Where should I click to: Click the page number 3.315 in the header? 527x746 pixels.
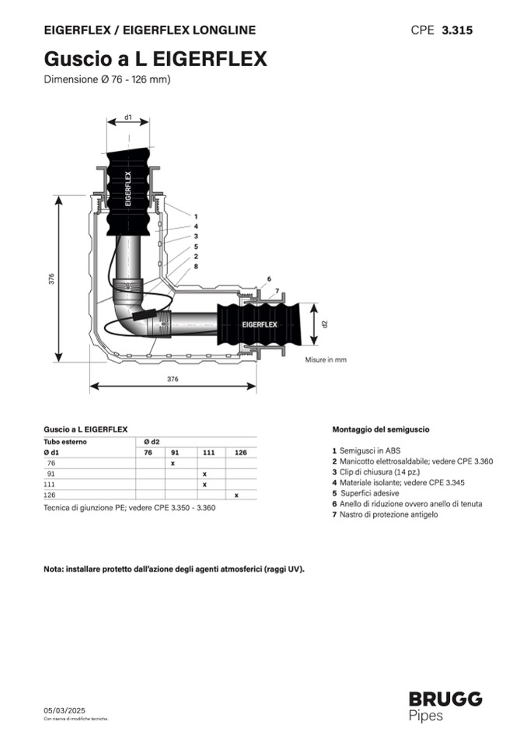(457, 30)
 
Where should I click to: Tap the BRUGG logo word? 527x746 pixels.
(445, 699)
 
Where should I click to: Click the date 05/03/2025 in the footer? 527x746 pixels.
(65, 710)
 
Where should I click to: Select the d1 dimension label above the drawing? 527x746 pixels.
(127, 117)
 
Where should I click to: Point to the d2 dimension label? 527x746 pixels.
(325, 324)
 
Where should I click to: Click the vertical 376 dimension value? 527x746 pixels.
(51, 278)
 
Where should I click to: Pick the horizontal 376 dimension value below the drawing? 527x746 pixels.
(173, 379)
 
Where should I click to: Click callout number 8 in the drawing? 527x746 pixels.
(196, 266)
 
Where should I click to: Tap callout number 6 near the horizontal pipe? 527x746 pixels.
(269, 279)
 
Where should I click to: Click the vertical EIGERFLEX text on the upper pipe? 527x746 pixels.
(127, 189)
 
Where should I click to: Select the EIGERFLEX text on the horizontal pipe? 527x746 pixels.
(260, 324)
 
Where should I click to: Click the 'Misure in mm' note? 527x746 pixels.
(326, 359)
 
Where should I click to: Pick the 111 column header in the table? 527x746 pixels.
(208, 453)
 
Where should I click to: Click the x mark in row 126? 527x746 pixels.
(236, 496)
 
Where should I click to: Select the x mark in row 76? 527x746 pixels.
(173, 464)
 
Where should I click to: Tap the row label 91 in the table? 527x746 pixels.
(51, 474)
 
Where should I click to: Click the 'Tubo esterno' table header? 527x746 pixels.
(65, 442)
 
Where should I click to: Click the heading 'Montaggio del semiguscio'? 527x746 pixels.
(381, 429)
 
